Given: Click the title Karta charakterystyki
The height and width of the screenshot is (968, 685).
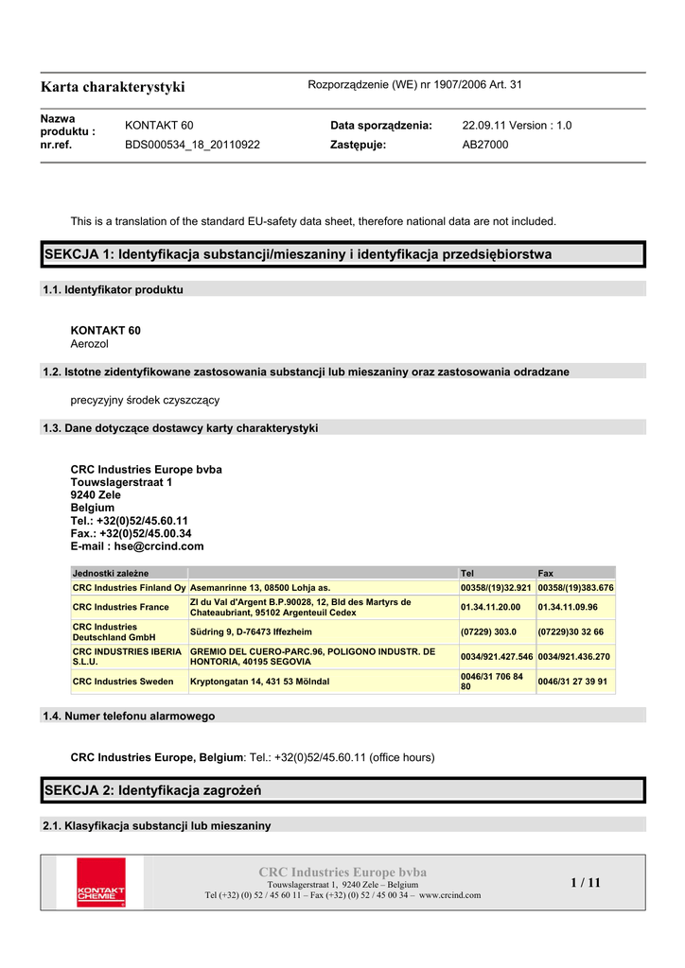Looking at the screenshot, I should coord(113,87).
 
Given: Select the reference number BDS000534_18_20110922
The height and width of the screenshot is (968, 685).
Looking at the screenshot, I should coord(192,145).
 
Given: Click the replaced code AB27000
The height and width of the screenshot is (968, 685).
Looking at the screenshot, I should coord(484,145).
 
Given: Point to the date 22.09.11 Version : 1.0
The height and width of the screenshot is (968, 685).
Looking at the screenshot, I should coord(517,126).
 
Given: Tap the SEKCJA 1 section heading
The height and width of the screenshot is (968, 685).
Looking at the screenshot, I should coord(297,254).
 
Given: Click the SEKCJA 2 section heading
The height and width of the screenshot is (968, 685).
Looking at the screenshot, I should coord(152,789).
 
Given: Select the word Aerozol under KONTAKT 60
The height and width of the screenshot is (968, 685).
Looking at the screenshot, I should coord(90,344).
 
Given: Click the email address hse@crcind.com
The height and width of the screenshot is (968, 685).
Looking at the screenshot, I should coord(159,546).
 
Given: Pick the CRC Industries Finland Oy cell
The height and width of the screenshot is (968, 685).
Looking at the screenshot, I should coord(129,588).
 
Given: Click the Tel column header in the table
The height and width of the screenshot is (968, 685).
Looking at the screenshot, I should coord(466,573).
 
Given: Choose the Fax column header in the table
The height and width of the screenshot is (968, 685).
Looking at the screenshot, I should coord(546,573).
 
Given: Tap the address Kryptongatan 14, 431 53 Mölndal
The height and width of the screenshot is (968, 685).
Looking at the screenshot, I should coord(260,682).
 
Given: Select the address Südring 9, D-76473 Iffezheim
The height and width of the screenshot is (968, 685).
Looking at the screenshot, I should coord(251,631).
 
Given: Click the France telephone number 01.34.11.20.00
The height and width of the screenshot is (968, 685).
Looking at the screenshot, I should coord(490,607).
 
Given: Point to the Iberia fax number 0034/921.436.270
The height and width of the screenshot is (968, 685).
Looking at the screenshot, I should coord(573,656).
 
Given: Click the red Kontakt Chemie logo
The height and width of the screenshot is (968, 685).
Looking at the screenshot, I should coord(100,882).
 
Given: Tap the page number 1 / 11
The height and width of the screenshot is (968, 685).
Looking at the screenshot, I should coord(585,883).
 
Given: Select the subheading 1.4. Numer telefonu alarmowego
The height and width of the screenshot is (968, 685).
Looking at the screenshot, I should coord(129,716).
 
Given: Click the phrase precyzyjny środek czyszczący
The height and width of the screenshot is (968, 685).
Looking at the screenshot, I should coord(145,400).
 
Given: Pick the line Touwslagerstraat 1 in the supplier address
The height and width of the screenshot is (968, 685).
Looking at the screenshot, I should coord(121,482).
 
